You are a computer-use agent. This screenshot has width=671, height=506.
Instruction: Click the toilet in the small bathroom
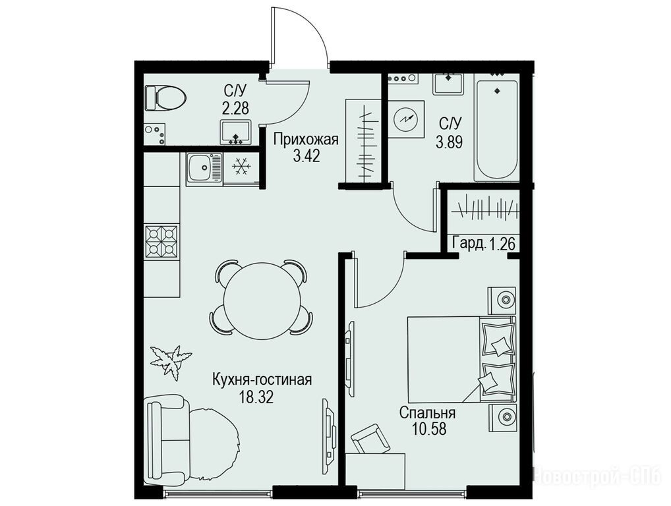coord(165,98)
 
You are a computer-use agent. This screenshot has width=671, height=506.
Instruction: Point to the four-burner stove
coord(161,242)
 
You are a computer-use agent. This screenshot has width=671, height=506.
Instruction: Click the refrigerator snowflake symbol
coord(241,167)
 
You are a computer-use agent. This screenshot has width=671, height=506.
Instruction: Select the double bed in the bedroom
coord(462,359)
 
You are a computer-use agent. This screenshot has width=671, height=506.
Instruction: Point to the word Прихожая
coord(306,140)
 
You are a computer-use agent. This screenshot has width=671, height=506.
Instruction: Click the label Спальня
coord(427,412)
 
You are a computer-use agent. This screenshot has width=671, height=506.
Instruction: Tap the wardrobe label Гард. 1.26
coord(484,244)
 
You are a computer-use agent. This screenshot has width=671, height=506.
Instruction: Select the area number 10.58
coord(429,429)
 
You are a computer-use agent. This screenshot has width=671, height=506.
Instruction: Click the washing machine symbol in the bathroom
coord(405,119)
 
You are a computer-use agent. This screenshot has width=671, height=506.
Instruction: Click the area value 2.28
coord(235,107)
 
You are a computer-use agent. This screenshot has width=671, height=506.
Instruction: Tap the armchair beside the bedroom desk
coord(370,439)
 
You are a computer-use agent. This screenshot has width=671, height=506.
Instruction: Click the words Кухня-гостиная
coord(262,379)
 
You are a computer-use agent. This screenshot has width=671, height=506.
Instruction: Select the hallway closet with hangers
coord(363,141)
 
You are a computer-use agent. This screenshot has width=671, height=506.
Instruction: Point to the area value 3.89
coord(450,141)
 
